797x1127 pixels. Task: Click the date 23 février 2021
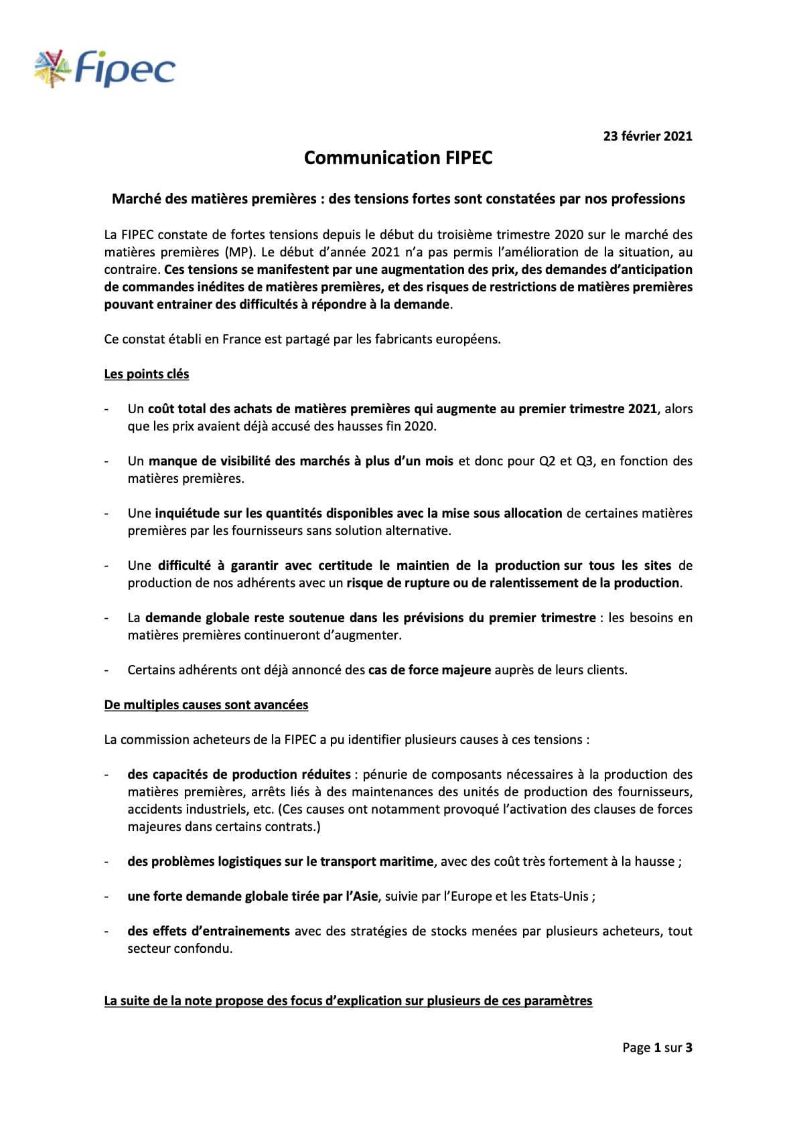(x=647, y=136)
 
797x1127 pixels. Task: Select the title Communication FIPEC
(x=398, y=157)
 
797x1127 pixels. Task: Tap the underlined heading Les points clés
(x=147, y=374)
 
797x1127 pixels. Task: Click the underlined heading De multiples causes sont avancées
(x=206, y=704)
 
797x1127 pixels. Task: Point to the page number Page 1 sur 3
(x=657, y=1047)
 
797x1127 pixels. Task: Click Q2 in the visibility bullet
(x=547, y=461)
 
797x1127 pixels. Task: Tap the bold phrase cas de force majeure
(x=429, y=670)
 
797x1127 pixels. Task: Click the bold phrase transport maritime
(x=376, y=861)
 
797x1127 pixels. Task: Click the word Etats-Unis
(x=558, y=896)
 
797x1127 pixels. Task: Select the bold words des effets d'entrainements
(x=208, y=931)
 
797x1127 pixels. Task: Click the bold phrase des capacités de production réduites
(x=239, y=774)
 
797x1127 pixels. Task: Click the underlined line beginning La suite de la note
(x=348, y=1000)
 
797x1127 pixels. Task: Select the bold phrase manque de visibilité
(x=209, y=461)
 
